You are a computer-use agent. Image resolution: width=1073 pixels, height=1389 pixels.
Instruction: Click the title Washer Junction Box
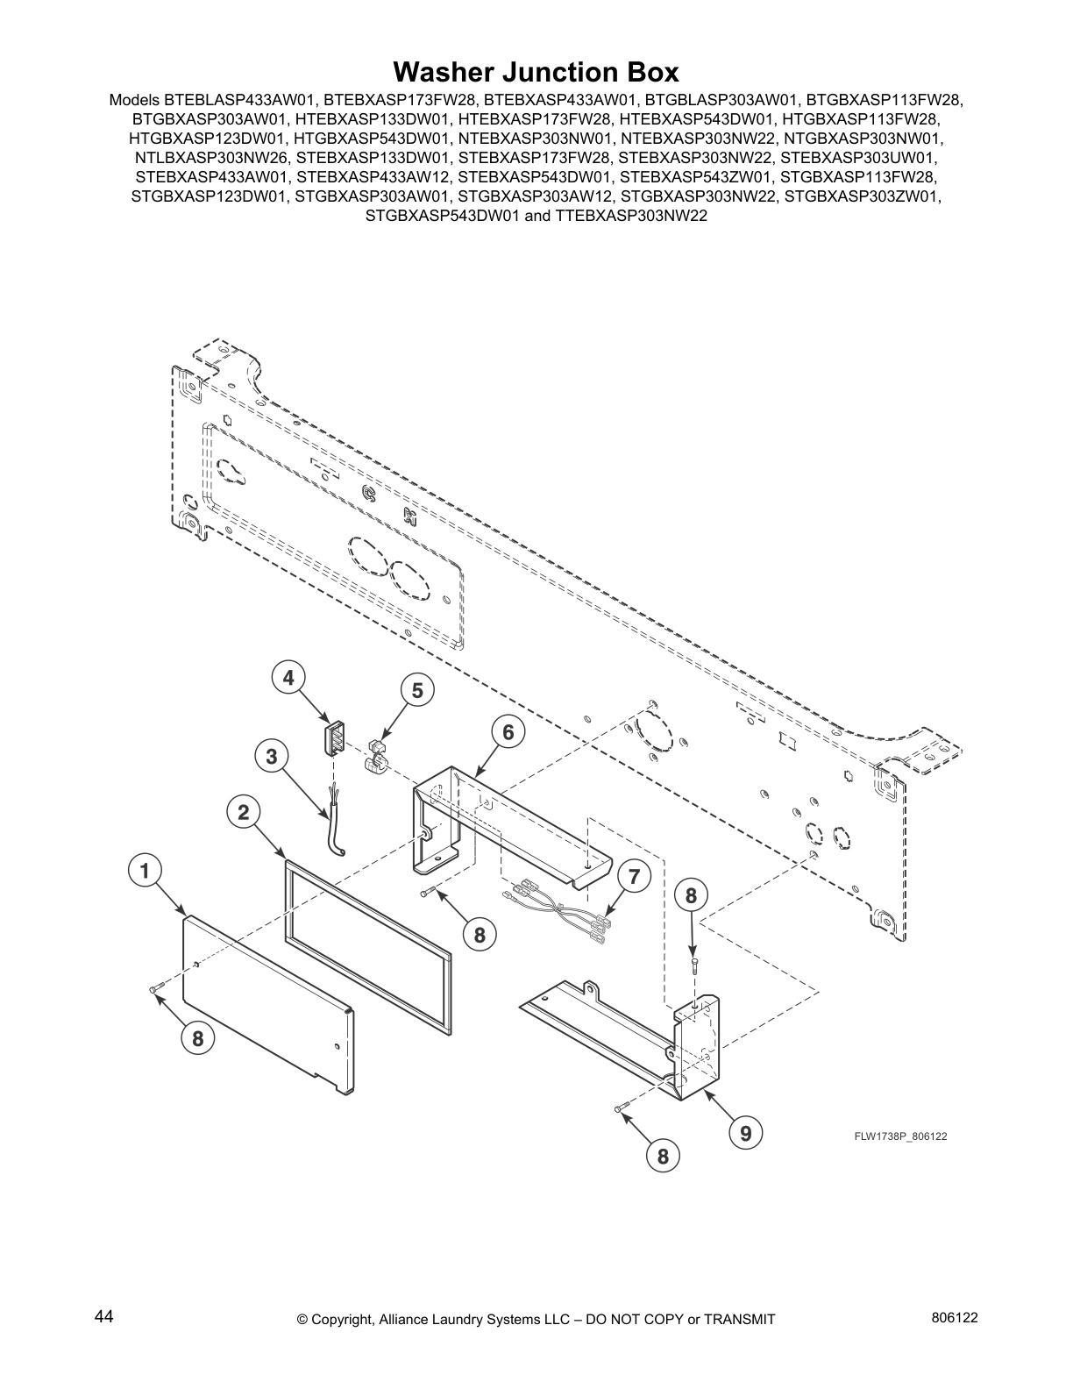coord(536,71)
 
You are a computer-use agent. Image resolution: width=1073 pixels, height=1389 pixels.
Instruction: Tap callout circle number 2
coord(243,812)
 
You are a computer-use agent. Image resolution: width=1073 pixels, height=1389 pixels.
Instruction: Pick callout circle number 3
coord(272,756)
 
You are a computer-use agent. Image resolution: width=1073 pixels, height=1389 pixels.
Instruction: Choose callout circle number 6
coord(508,731)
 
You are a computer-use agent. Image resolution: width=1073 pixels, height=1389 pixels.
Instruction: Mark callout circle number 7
coord(634,876)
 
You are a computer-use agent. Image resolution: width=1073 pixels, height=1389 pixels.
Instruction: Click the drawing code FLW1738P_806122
coord(900,1136)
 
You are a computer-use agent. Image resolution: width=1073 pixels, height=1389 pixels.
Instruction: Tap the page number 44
coord(103,1317)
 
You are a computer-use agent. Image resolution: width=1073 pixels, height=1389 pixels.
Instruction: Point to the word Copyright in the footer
coord(344,1320)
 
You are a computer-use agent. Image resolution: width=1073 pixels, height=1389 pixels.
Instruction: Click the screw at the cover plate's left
coord(155,989)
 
